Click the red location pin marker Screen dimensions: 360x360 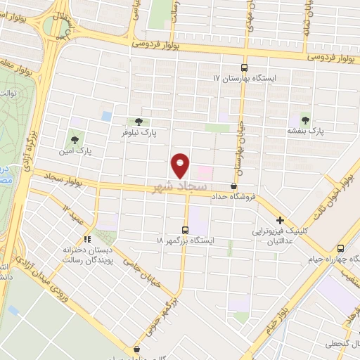(x=181, y=165)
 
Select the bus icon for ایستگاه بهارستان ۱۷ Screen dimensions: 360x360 (x=244, y=68)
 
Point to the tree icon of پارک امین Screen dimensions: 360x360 (x=74, y=139)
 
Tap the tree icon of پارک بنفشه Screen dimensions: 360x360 (x=304, y=118)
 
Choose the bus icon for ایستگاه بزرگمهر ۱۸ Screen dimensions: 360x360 (x=185, y=229)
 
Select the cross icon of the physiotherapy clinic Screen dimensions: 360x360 (x=280, y=220)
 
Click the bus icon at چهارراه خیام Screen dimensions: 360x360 (x=340, y=247)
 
